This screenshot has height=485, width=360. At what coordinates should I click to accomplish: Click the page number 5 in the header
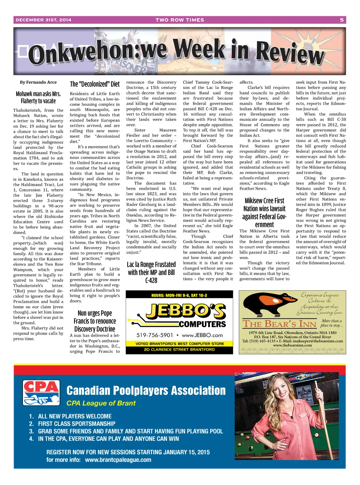click(x=341, y=20)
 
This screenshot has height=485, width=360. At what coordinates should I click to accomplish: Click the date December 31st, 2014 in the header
click(x=43, y=20)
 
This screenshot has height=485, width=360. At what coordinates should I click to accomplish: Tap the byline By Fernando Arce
click(x=38, y=82)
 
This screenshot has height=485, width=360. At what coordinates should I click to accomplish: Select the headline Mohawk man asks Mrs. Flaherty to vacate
click(x=38, y=97)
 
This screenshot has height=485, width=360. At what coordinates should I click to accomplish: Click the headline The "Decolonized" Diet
click(x=95, y=84)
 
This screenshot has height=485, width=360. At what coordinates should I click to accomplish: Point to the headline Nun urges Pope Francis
click(x=95, y=321)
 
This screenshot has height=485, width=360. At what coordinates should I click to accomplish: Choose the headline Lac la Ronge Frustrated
click(x=151, y=272)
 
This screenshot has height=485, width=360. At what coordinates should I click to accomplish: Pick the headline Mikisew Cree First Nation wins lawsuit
click(x=264, y=213)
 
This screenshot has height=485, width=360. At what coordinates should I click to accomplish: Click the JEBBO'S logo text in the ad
click(x=186, y=311)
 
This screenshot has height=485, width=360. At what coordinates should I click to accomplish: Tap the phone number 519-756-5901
click(x=155, y=335)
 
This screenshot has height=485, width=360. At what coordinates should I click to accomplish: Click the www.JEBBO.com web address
click(x=202, y=335)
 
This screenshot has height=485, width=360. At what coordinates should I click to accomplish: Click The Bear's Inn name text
click(x=279, y=324)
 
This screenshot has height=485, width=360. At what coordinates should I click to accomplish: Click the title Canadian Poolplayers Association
click(x=146, y=390)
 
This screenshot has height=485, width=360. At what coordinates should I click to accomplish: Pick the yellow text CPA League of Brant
click(x=101, y=403)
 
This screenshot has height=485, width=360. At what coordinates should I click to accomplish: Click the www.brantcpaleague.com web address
click(x=118, y=460)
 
